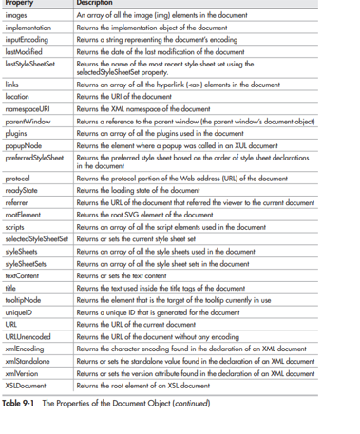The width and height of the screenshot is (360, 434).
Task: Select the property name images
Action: (17, 16)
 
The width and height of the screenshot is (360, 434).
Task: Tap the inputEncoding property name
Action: (28, 41)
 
